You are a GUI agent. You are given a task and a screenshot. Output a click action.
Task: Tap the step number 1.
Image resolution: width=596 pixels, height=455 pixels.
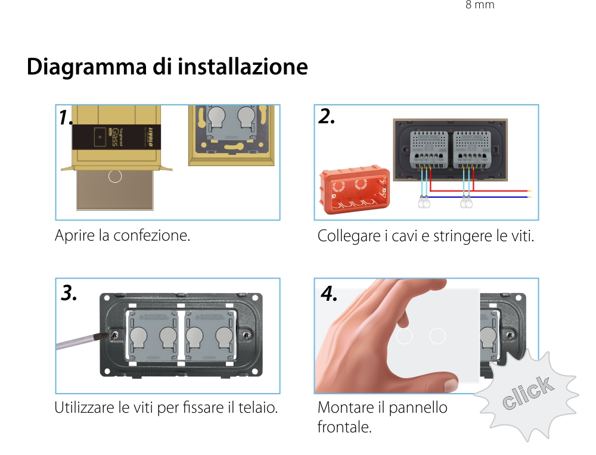[65, 118]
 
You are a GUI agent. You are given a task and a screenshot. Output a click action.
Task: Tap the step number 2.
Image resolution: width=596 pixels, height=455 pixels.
[327, 117]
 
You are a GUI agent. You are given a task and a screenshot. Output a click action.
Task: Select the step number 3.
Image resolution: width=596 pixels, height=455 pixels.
[69, 293]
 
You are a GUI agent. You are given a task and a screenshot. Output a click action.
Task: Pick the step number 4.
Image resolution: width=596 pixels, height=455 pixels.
[329, 293]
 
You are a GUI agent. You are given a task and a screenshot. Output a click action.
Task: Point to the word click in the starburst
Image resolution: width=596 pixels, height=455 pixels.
[527, 394]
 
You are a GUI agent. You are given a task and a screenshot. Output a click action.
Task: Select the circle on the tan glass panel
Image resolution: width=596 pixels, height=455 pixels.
[116, 176]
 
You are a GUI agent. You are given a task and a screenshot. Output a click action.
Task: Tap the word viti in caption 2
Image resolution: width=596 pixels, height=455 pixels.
[522, 236]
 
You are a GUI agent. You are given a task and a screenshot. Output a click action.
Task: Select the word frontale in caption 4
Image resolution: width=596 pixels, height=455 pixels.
[344, 427]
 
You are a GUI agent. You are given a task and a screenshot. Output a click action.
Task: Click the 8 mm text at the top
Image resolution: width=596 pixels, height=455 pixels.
[480, 5]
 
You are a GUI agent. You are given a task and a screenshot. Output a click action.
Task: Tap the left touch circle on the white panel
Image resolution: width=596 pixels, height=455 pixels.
[404, 336]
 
